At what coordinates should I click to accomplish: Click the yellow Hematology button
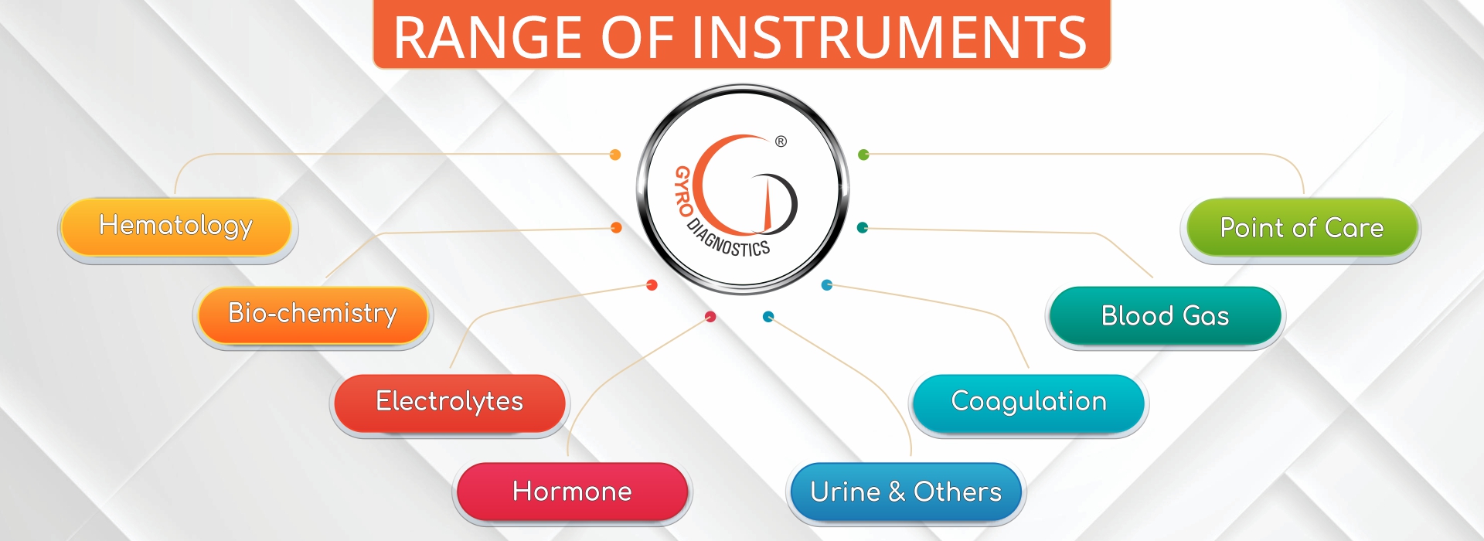click(176, 227)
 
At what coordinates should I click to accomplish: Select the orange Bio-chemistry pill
click(312, 315)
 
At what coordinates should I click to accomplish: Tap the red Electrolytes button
click(449, 403)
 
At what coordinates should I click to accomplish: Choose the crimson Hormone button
click(572, 492)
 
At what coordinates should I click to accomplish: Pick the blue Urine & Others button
click(905, 492)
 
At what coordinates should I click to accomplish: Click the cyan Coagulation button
click(1028, 403)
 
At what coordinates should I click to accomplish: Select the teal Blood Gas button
click(1165, 315)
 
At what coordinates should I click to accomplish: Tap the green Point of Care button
click(1302, 227)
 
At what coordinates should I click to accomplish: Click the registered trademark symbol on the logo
click(781, 141)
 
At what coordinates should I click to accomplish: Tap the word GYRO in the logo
click(683, 191)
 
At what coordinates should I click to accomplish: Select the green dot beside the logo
click(863, 155)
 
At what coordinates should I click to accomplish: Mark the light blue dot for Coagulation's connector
click(826, 284)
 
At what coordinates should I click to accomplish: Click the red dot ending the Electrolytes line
click(652, 284)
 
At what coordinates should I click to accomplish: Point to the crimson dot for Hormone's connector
click(710, 316)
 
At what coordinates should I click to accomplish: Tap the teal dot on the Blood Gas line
click(863, 227)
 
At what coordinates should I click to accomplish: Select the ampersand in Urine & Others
click(897, 492)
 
